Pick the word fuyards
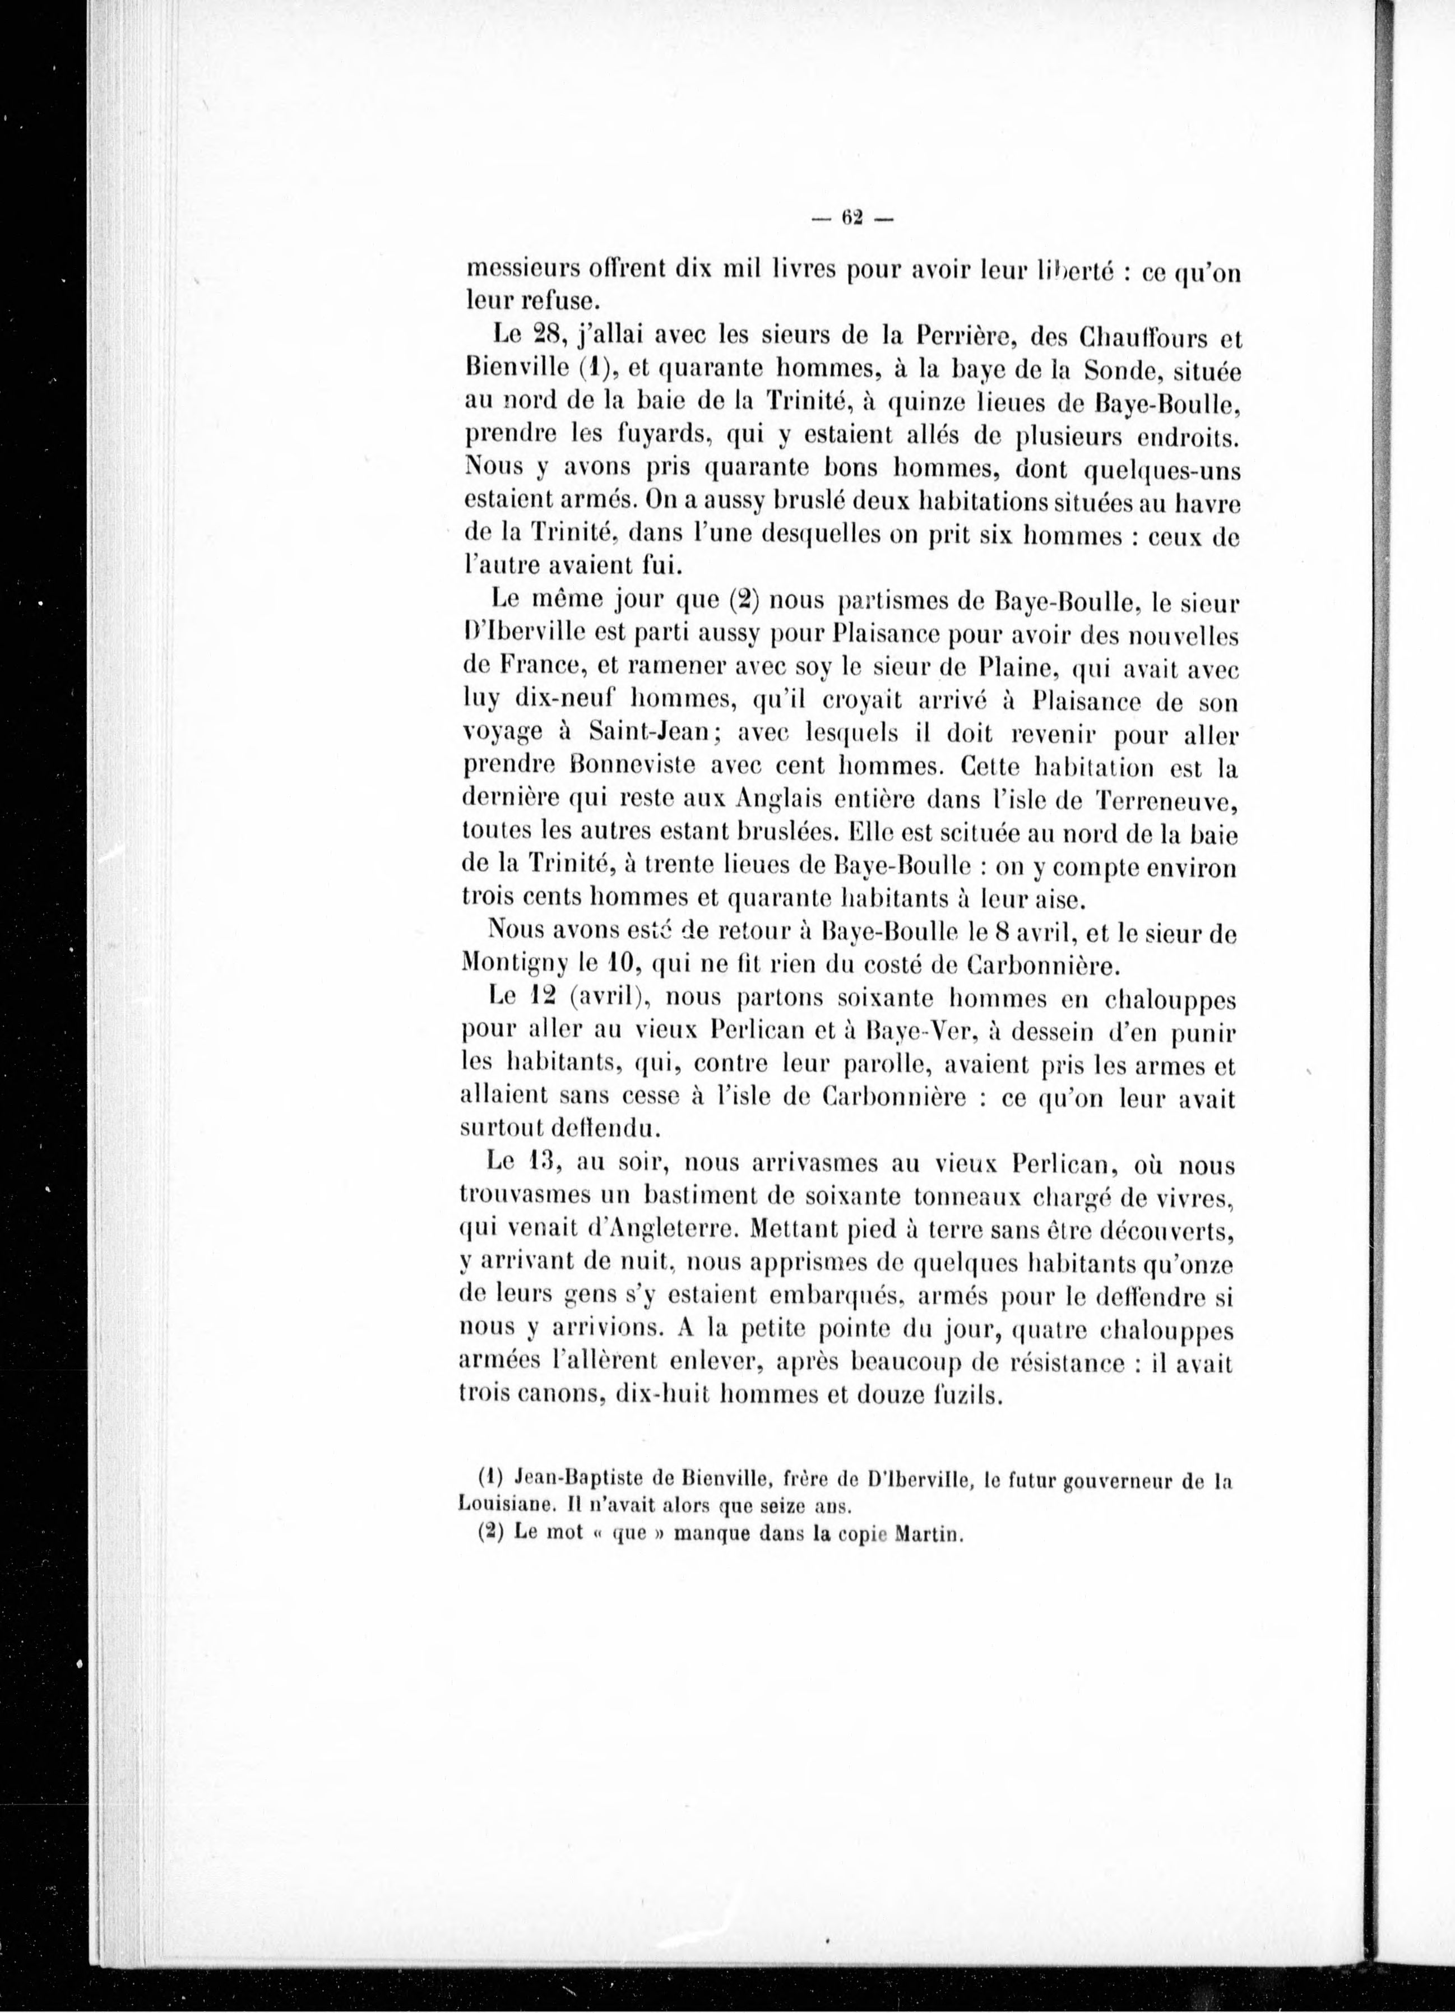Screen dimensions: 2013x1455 [x=654, y=437]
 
